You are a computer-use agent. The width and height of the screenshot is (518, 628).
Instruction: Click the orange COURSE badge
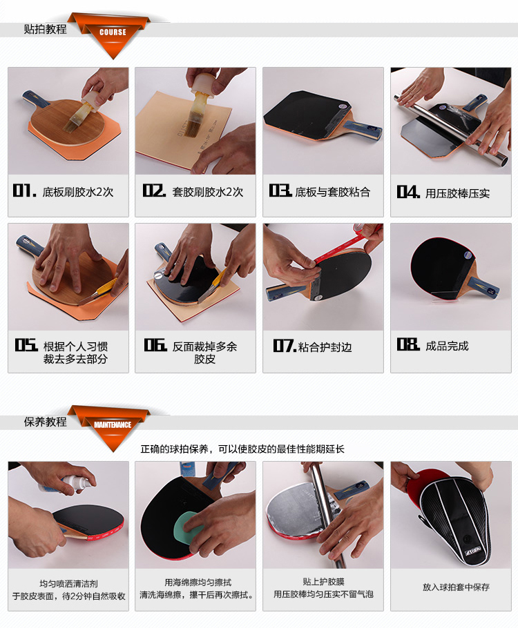point(113,32)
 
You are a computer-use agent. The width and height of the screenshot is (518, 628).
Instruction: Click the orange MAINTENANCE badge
point(113,424)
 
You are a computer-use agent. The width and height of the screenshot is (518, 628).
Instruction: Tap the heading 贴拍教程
point(46,29)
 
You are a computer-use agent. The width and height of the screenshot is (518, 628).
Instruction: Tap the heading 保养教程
point(46,422)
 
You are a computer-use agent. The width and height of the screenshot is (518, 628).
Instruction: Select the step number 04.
point(408,193)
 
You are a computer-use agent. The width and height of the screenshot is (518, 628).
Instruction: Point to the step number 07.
point(284,346)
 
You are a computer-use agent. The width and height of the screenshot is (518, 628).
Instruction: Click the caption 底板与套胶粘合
point(333,192)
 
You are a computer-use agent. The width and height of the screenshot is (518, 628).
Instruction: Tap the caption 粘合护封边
point(325,346)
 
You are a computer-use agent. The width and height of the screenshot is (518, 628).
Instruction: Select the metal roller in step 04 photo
point(449,127)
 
